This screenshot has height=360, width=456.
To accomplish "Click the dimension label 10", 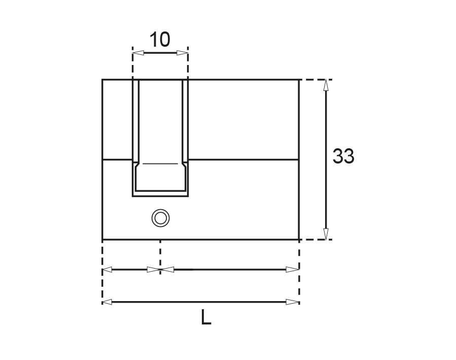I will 160,39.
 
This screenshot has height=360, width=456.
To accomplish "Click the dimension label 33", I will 343,156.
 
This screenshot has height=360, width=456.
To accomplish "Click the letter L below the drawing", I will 205,318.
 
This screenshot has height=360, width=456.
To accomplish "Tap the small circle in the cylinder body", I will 160,218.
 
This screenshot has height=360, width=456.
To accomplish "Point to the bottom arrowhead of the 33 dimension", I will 326,234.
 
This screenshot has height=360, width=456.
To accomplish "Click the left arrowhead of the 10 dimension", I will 138,53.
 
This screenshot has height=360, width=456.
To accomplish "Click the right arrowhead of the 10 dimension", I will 182,53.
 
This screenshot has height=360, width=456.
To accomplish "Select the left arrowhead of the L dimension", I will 107,302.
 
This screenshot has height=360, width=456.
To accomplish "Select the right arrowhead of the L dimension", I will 293,302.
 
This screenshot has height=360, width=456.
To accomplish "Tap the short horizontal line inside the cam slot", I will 160,164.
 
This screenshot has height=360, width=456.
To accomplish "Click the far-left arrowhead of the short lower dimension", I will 107,270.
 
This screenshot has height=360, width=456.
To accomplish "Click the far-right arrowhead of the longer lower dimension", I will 293,270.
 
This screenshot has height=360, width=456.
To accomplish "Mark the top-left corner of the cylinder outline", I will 102,80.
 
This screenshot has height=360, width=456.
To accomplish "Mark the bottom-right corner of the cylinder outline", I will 298,239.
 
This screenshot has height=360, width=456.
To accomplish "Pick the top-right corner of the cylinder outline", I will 298,80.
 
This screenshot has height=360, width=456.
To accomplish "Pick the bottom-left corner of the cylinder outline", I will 102,239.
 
